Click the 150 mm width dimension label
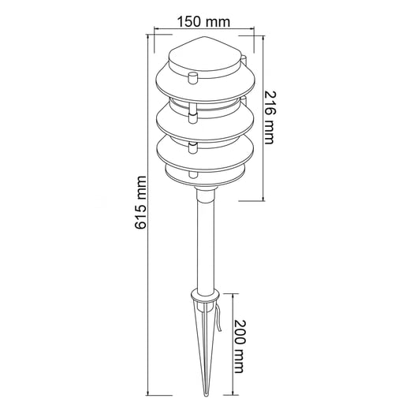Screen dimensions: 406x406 [x=203, y=21]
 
